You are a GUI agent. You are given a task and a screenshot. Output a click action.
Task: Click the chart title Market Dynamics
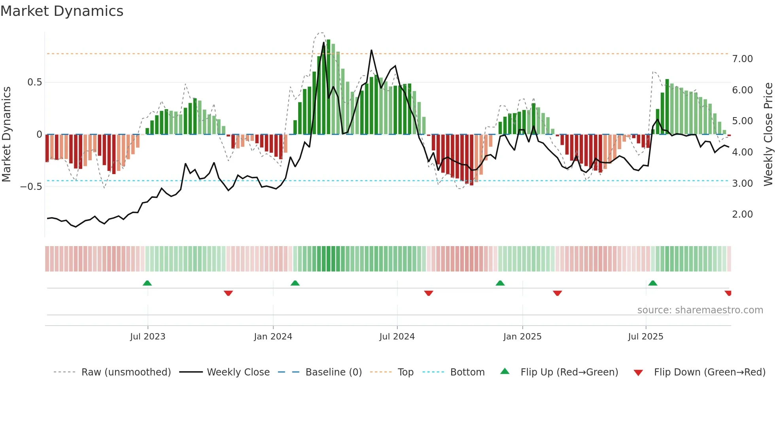click(x=62, y=11)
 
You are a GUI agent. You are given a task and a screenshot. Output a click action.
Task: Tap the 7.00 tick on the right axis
click(x=742, y=59)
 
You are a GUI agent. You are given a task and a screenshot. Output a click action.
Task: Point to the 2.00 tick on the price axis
click(x=742, y=214)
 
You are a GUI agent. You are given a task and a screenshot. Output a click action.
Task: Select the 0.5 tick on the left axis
click(x=34, y=82)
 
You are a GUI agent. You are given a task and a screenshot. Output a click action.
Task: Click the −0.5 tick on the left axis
click(x=31, y=186)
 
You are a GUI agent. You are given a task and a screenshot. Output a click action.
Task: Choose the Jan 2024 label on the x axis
click(x=273, y=337)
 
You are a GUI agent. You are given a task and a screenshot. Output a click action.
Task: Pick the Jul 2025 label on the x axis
click(x=645, y=337)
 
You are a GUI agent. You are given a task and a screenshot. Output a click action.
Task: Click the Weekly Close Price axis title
click(x=768, y=134)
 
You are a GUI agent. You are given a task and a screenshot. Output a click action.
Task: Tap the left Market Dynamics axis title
click(x=6, y=134)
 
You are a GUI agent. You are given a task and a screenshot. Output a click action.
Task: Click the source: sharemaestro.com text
click(x=700, y=310)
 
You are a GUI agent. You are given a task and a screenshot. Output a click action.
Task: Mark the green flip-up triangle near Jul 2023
click(x=147, y=283)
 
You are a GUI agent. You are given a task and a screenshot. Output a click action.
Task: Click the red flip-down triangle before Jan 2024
click(x=228, y=293)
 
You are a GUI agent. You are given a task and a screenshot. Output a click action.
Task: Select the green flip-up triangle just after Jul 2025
click(x=653, y=283)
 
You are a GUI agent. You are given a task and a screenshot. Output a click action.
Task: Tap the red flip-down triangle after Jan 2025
click(x=558, y=293)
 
